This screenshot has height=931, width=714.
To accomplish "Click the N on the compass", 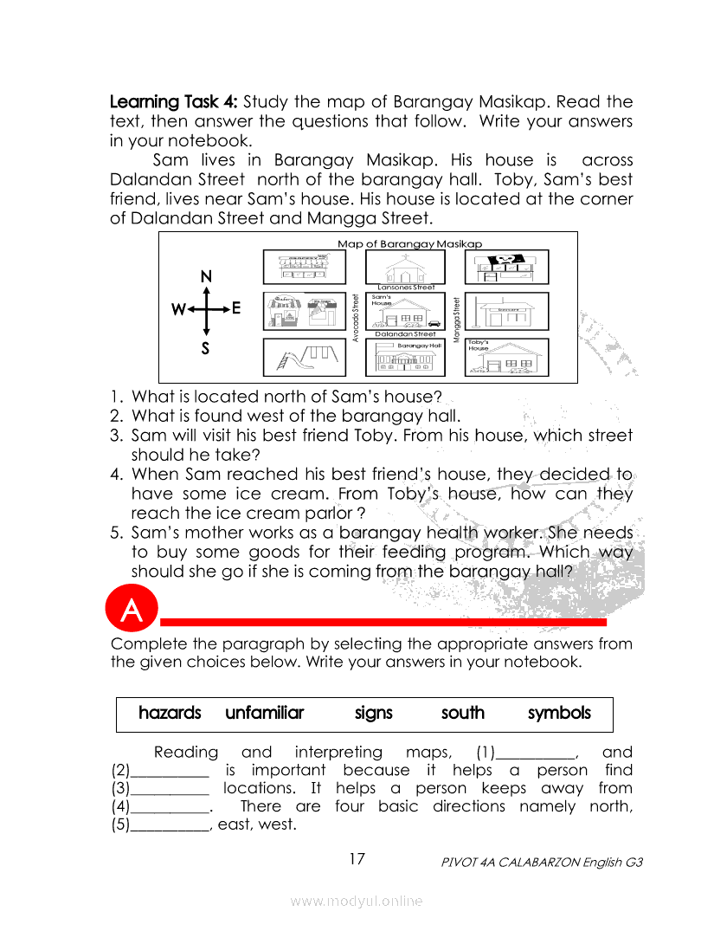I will click(x=206, y=277).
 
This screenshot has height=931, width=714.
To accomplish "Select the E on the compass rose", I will click(x=236, y=309).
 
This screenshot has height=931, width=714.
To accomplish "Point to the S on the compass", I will click(x=206, y=348).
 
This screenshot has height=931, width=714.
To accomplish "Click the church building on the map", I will click(x=405, y=267).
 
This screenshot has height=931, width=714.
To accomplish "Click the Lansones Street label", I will click(x=406, y=286).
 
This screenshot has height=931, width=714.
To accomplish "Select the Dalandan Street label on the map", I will click(x=405, y=333).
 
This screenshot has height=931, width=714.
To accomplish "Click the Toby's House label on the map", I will click(x=479, y=345).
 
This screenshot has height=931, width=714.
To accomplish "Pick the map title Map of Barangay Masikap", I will click(x=409, y=244).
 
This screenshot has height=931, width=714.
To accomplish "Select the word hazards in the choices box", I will click(x=170, y=714).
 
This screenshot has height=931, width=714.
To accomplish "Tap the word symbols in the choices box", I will click(x=559, y=714).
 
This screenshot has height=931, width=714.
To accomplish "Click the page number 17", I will click(x=357, y=859).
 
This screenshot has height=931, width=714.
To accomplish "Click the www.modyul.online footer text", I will click(x=357, y=902).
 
